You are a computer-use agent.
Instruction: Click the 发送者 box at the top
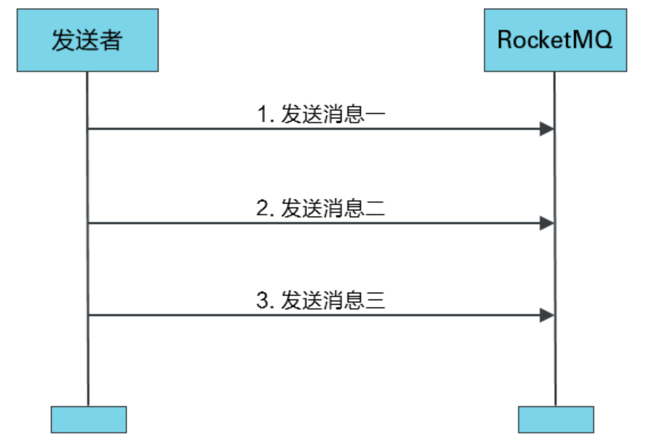(x=87, y=40)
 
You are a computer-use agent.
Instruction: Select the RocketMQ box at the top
(x=555, y=40)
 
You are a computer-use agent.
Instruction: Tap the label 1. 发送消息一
(x=321, y=114)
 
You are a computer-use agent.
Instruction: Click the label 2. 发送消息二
(x=321, y=208)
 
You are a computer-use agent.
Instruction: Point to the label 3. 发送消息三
(x=321, y=300)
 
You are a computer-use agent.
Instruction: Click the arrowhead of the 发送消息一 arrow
(x=546, y=129)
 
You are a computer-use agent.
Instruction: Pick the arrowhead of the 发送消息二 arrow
(x=546, y=223)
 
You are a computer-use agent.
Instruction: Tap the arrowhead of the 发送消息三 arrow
(x=546, y=315)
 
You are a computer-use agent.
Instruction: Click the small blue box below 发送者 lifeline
(x=89, y=420)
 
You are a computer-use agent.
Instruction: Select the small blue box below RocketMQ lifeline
(x=556, y=420)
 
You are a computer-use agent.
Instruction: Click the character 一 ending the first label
(x=375, y=114)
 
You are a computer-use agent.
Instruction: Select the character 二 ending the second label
(x=375, y=209)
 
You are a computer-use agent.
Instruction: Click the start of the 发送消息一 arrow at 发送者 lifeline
(x=88, y=129)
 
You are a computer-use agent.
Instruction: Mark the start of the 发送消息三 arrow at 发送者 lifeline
(x=89, y=315)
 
